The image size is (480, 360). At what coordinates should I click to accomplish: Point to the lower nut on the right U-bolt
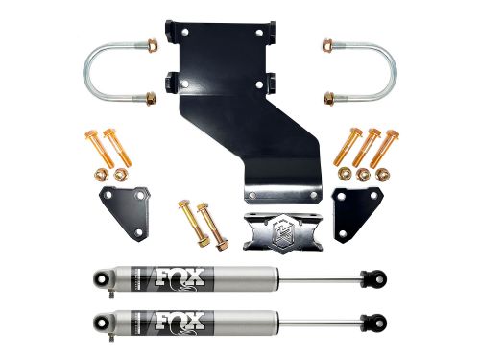(328, 98)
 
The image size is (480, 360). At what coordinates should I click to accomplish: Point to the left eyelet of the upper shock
(99, 279)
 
